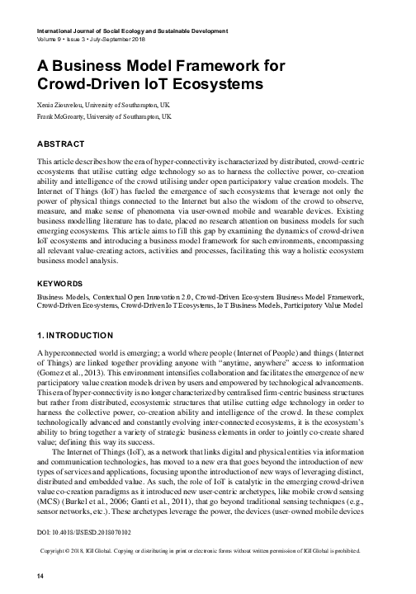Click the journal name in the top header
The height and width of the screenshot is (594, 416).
coord(132,30)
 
